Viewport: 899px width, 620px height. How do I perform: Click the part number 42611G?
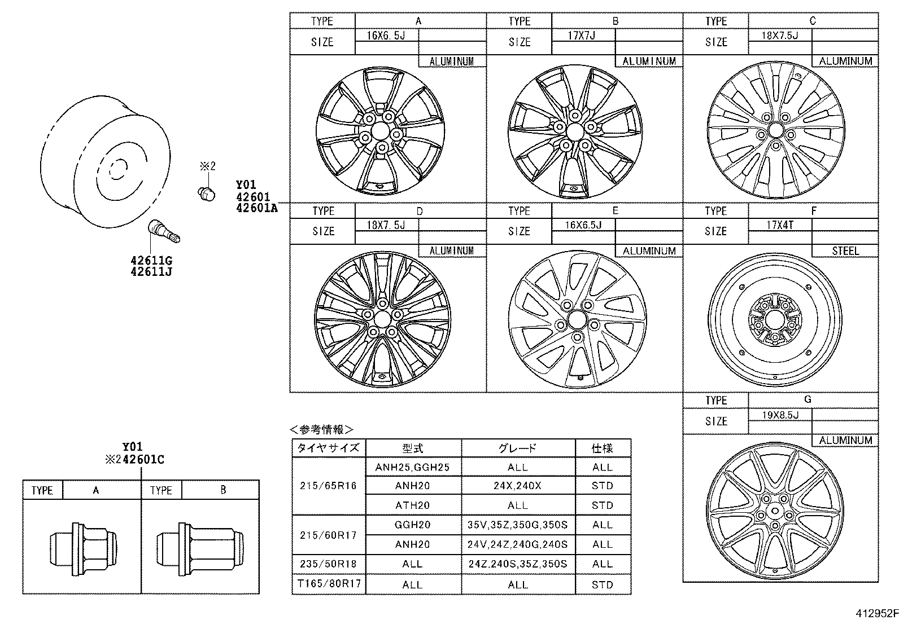point(151,261)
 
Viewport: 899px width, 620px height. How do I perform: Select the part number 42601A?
point(256,208)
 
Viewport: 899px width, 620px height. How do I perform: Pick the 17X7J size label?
point(582,35)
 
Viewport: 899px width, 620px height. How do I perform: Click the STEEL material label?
point(845,251)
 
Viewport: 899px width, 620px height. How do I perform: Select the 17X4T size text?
point(780,225)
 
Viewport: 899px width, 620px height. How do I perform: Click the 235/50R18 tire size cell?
point(329,564)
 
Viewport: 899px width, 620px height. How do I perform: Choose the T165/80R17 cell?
point(329,584)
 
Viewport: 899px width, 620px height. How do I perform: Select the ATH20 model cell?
point(413,505)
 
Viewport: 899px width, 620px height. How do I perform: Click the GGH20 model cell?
point(413,525)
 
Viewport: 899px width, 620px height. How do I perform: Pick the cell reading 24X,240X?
point(517,486)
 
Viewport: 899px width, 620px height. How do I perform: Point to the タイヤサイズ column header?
point(329,448)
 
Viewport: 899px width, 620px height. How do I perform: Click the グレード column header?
point(517,448)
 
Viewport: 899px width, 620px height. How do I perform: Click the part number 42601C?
point(143,459)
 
